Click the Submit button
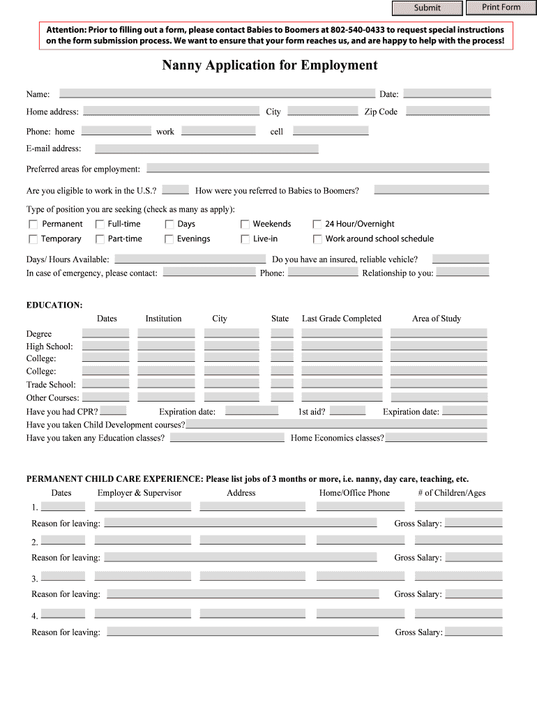pos(427,8)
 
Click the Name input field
pos(217,93)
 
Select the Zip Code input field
pos(447,111)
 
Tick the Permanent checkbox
pos(33,225)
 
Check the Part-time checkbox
pos(100,239)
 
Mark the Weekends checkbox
pos(245,225)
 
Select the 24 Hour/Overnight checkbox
pos(317,225)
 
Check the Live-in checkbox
pos(245,239)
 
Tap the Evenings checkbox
pos(169,239)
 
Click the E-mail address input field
pos(206,149)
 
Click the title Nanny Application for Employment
pos(269,66)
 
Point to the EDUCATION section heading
pos(54,305)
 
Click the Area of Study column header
pos(436,319)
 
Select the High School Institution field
pos(166,346)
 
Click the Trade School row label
pos(51,385)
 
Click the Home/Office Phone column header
pos(354,493)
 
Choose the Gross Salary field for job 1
pos(473,523)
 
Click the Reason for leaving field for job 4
pos(242,632)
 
